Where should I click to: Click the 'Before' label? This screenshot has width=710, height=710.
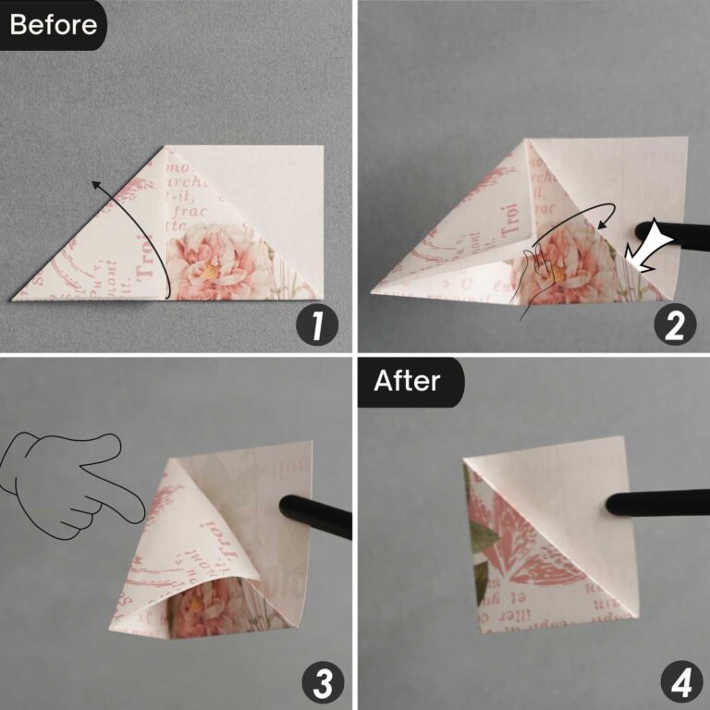[x=53, y=24]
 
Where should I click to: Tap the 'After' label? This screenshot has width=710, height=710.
[x=408, y=379]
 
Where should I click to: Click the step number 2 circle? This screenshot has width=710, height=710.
[x=674, y=326]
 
